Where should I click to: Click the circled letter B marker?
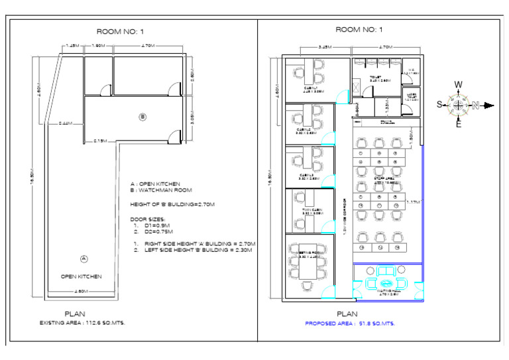(142, 117)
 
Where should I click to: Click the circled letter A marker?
(83, 257)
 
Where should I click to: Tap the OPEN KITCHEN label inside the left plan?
(82, 276)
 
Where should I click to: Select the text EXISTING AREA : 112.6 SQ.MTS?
(82, 323)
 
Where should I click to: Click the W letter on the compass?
(458, 84)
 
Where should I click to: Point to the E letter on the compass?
(458, 124)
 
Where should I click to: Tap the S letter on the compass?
(439, 105)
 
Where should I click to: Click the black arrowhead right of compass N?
(489, 105)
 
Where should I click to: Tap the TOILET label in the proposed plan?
(376, 78)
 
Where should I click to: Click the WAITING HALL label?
(387, 292)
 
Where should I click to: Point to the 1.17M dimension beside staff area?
(414, 202)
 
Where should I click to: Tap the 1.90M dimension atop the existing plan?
(97, 46)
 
